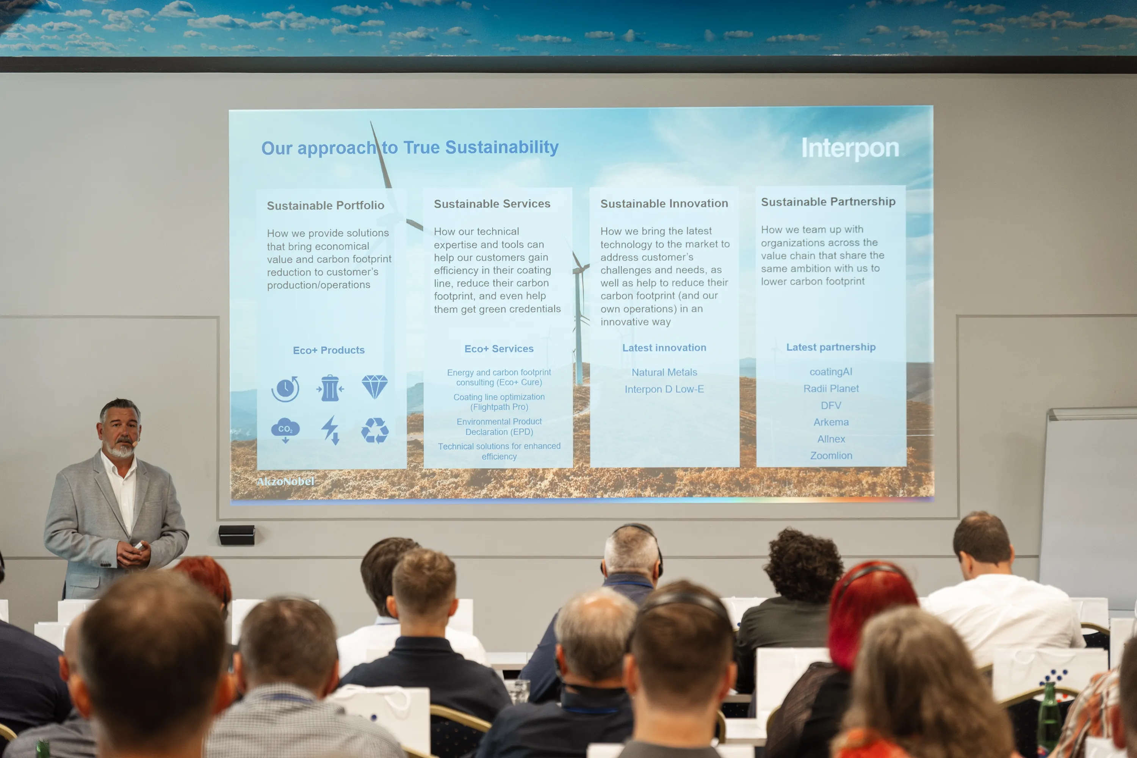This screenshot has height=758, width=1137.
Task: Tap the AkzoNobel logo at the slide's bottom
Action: click(285, 481)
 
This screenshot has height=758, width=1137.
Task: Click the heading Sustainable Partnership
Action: click(828, 202)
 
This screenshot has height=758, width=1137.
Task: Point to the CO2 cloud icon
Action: click(285, 430)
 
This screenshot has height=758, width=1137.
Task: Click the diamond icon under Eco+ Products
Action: click(375, 387)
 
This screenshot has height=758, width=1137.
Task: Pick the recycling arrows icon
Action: click(375, 430)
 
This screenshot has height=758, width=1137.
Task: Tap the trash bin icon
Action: click(330, 388)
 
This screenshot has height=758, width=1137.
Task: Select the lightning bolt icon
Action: click(330, 430)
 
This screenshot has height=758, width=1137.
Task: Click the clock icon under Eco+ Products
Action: click(285, 389)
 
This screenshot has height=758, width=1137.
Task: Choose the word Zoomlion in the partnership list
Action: click(831, 456)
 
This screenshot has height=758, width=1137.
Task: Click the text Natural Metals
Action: click(664, 372)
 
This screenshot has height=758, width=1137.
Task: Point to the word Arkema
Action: click(831, 422)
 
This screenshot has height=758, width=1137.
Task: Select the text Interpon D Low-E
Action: click(664, 389)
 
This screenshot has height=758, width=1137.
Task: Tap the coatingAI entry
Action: click(831, 372)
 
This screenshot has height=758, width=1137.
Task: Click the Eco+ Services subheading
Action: click(499, 349)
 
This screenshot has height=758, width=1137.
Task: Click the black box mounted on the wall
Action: click(236, 535)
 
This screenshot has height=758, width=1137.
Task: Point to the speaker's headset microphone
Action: click(135, 442)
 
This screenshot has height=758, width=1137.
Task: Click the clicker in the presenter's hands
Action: click(139, 546)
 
